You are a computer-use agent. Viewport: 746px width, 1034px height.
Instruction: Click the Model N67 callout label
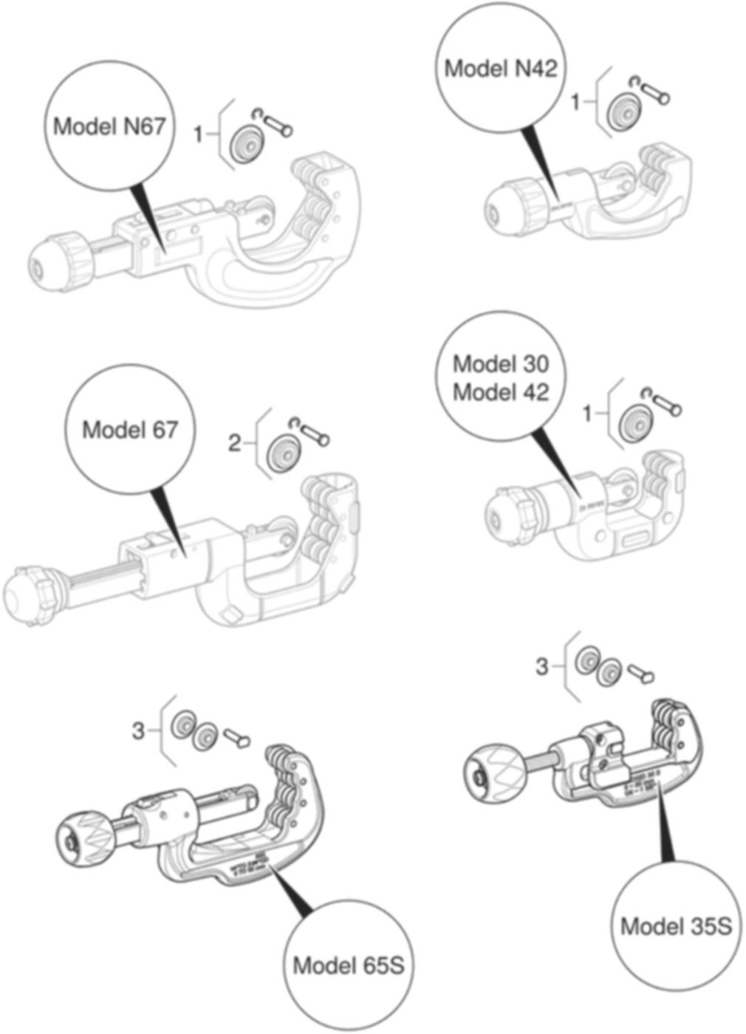click(x=109, y=126)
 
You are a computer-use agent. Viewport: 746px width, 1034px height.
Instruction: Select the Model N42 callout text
click(x=500, y=69)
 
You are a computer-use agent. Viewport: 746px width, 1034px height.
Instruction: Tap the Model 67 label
click(x=130, y=428)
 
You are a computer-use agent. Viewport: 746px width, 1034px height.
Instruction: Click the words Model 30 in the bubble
click(x=501, y=363)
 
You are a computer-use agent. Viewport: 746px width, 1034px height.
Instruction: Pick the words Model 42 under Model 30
click(x=501, y=391)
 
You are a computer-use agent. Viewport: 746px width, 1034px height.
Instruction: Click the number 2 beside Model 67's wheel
click(x=234, y=443)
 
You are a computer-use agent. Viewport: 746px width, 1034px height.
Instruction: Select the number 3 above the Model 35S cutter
click(x=542, y=667)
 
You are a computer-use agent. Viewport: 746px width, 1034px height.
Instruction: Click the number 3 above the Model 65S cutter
click(x=138, y=731)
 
